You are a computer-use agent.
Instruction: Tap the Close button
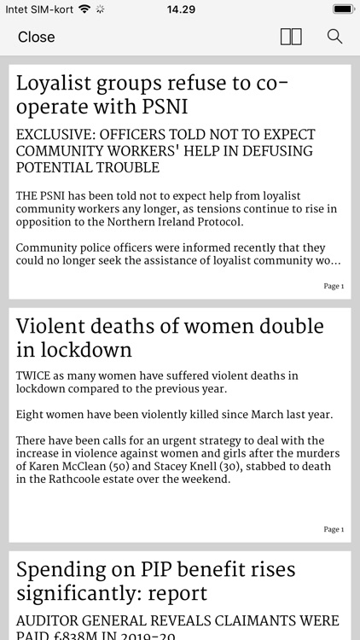click(36, 37)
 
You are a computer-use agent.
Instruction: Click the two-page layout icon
click(291, 37)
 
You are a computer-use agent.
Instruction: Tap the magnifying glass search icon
click(334, 37)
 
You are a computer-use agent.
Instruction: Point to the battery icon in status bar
click(343, 9)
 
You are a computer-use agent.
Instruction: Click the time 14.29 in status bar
click(180, 9)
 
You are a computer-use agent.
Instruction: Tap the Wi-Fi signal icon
click(84, 9)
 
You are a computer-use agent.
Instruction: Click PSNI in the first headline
click(162, 108)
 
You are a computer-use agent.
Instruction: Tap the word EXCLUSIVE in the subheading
click(58, 136)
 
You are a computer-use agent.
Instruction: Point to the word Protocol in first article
click(216, 222)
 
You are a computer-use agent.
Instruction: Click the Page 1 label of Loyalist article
click(334, 286)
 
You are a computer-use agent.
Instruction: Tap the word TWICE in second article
click(36, 375)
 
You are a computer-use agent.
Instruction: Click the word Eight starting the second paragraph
click(32, 415)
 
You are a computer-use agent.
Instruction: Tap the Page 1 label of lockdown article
click(334, 529)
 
